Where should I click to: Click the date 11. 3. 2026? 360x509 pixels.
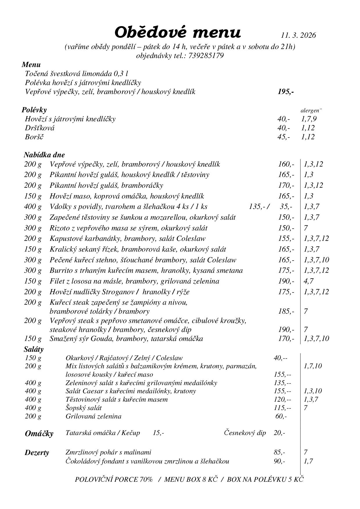[298, 35]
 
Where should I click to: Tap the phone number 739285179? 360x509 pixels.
[206, 55]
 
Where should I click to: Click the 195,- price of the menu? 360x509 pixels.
[286, 92]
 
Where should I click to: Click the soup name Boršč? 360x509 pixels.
[34, 137]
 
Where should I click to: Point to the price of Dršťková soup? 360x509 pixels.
[283, 128]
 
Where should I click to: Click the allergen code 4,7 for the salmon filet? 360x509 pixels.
[309, 281]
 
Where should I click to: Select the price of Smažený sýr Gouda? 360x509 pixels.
[286, 339]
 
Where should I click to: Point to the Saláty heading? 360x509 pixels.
[34, 349]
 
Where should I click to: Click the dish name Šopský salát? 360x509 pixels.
[84, 408]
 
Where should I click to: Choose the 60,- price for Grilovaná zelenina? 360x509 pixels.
[281, 416]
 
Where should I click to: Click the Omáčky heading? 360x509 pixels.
[39, 434]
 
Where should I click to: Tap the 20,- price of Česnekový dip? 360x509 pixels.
[279, 433]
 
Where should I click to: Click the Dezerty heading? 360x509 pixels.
[37, 453]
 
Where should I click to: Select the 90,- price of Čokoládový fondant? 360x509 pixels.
[279, 461]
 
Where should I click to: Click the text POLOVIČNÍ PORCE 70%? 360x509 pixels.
[114, 479]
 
